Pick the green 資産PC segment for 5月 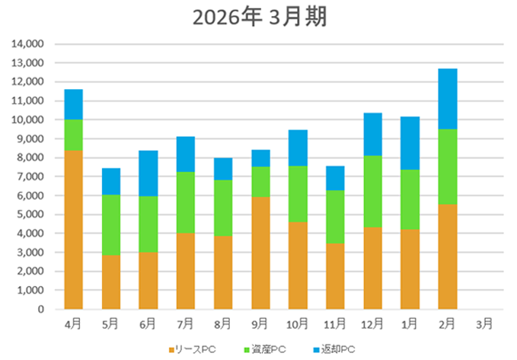110,225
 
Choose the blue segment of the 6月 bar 148,174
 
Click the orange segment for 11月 335,276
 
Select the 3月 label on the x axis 484,323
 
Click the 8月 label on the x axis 222,323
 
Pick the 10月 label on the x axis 298,323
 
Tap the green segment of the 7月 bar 185,202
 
